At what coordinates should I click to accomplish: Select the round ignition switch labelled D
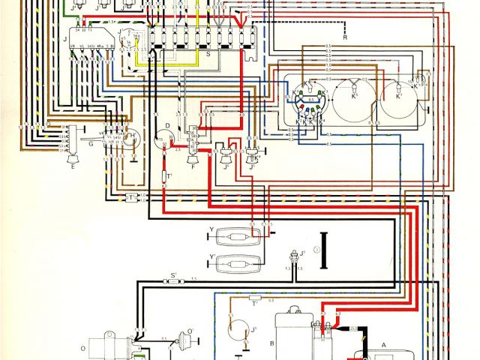click(x=160, y=137)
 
